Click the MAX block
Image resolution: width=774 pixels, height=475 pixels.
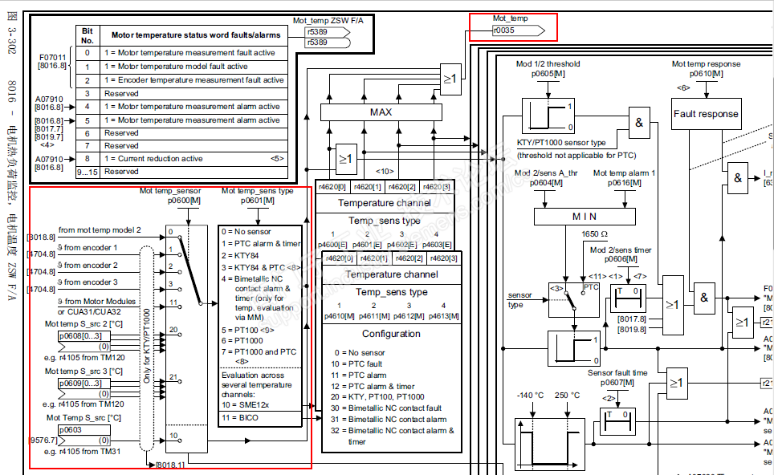coord(381,112)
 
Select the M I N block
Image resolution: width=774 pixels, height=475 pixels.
coord(585,216)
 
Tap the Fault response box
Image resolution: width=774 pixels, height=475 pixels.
coord(707,114)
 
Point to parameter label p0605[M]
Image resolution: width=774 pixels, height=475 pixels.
coord(548,73)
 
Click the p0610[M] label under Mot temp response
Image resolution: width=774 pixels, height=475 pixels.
coord(706,73)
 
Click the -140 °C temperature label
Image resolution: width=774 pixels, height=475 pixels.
coord(531,396)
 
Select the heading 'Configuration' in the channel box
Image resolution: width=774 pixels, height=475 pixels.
coord(390,334)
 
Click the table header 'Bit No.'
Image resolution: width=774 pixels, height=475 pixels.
coord(87,35)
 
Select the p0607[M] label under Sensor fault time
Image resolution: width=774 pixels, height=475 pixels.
coord(617,383)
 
